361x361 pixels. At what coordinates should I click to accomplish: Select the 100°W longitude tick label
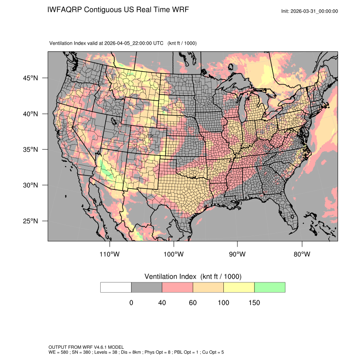[174, 254]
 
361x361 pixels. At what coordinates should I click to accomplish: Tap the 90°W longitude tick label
[237, 254]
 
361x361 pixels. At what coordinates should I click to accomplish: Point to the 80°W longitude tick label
[302, 254]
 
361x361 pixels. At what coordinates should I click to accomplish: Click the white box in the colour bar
[116, 288]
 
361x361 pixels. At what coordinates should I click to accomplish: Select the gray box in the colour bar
[147, 288]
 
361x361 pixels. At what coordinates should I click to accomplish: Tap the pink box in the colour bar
[178, 288]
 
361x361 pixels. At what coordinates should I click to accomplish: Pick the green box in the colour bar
[270, 288]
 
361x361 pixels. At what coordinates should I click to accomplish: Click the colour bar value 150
[254, 303]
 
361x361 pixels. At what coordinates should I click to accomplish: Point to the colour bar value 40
[162, 303]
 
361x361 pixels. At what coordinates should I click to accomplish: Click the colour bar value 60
[193, 303]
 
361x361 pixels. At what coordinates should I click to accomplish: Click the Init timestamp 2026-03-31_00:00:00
[315, 11]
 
